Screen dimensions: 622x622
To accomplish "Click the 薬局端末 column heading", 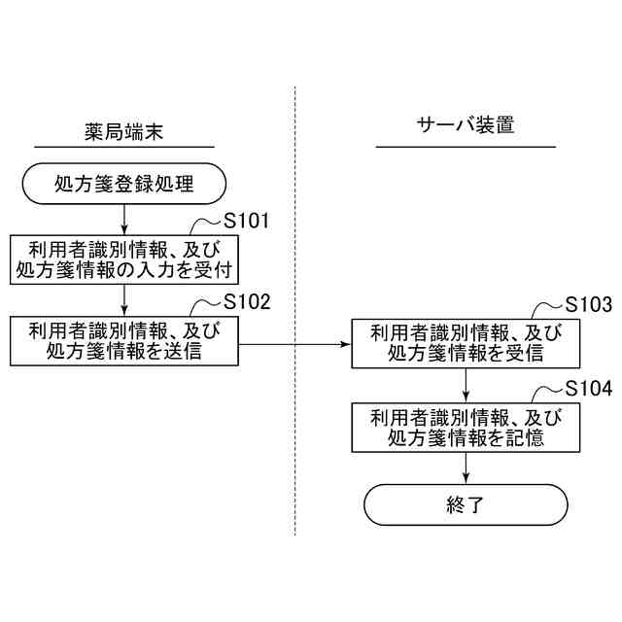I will click(x=124, y=128).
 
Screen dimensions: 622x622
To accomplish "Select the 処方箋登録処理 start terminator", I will click(x=124, y=182).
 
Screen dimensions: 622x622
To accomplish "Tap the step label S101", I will click(x=246, y=220).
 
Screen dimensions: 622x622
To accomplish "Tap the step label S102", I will click(x=246, y=301).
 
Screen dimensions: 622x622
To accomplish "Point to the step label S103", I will click(x=588, y=305).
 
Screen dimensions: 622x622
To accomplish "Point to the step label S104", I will click(x=588, y=388).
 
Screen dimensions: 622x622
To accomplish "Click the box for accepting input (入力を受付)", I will click(x=124, y=258).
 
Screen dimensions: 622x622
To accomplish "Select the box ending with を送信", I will click(x=124, y=340).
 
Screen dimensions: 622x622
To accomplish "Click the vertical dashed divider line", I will click(x=295, y=437).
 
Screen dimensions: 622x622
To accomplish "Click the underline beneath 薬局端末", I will click(x=124, y=147).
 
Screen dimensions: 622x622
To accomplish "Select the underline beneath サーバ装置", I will click(x=466, y=147).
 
